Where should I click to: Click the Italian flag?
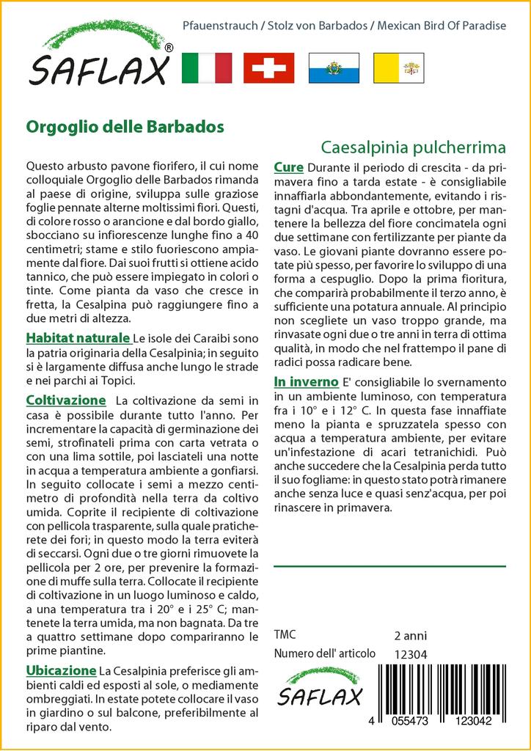click(x=206, y=68)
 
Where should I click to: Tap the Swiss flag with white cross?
click(x=268, y=68)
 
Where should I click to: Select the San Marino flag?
click(x=334, y=68)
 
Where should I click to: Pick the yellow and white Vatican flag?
click(x=399, y=68)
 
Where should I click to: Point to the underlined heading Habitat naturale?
click(x=78, y=338)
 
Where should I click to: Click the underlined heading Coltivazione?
click(x=66, y=400)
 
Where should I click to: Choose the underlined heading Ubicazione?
click(x=61, y=670)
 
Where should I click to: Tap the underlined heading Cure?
click(x=288, y=168)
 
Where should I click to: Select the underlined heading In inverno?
click(x=306, y=382)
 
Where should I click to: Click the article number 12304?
click(x=411, y=654)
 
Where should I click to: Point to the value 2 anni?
click(x=410, y=635)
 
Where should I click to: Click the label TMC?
click(x=285, y=635)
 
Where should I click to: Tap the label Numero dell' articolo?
click(x=324, y=653)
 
